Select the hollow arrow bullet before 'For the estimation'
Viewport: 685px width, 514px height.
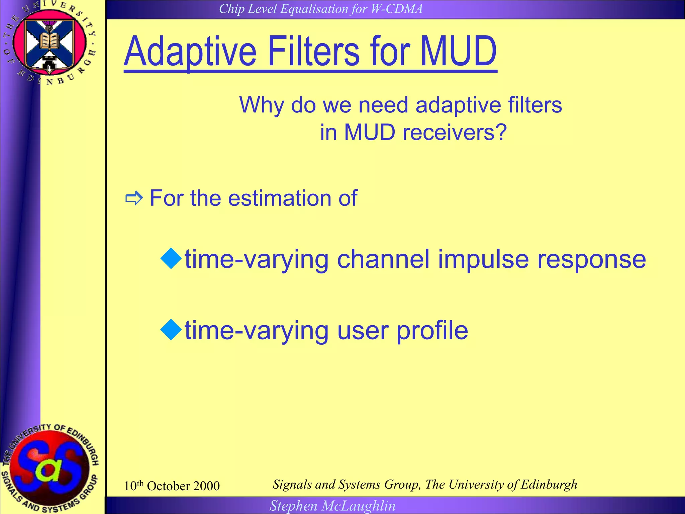click(134, 199)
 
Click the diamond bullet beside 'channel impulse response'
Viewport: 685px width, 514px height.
click(171, 258)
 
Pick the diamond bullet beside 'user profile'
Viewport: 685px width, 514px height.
click(171, 330)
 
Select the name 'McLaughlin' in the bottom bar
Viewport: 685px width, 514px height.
click(358, 506)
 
